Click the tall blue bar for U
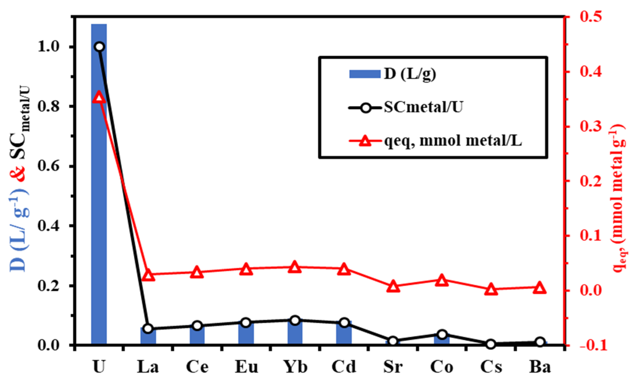click(x=99, y=182)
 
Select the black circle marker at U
click(x=99, y=47)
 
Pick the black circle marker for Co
click(x=442, y=334)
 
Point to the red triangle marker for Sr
click(x=393, y=286)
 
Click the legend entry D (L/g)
click(x=410, y=74)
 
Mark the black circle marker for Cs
click(x=491, y=344)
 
